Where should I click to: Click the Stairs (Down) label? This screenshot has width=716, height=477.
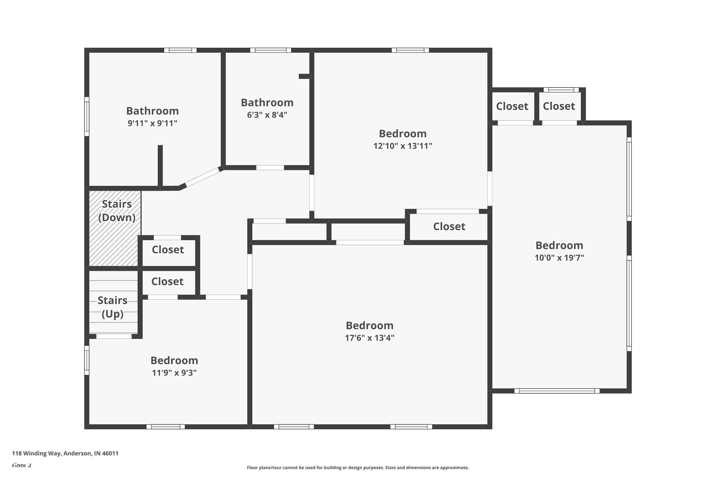[x=117, y=211]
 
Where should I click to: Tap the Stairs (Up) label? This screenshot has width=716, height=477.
[x=112, y=307]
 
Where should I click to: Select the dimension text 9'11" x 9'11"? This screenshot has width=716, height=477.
[x=152, y=123]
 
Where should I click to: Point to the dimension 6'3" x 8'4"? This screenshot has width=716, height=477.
[x=267, y=115]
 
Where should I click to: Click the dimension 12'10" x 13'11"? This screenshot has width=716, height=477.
[x=402, y=146]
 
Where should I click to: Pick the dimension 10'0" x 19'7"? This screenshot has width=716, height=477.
[x=559, y=258]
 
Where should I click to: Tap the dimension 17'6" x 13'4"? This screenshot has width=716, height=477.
[x=369, y=338]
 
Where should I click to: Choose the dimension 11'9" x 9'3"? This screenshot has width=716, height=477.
[x=174, y=373]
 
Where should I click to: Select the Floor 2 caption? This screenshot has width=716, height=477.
[x=22, y=465]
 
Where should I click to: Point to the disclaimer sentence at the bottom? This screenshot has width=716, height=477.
[x=358, y=467]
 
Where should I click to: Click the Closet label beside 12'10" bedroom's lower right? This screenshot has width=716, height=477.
[x=449, y=226]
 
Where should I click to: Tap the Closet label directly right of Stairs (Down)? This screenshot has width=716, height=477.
[x=168, y=250]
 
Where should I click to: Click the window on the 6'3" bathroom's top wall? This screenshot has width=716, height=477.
[x=270, y=50]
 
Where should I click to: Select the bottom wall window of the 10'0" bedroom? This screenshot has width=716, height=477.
[x=557, y=391]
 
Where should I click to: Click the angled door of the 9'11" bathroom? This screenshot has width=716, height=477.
[x=202, y=177]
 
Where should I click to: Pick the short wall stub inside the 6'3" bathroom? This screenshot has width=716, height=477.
[x=305, y=76]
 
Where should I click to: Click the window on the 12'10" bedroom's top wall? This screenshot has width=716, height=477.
[x=410, y=50]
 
